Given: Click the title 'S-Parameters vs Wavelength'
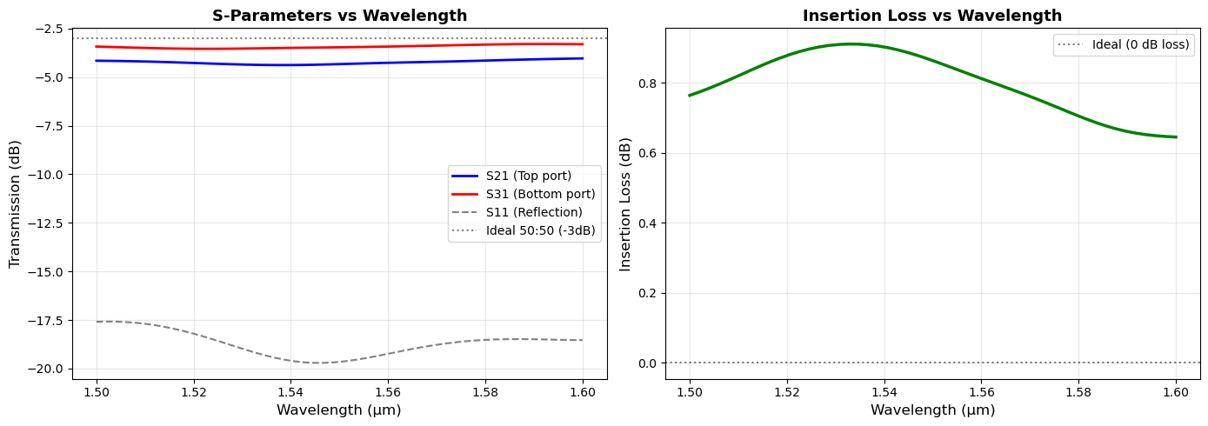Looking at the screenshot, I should point(339,16).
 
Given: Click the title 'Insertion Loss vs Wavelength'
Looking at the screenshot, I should point(932,16).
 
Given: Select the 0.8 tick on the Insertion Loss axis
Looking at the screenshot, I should point(649,83).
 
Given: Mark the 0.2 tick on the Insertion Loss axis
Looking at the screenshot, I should point(649,293).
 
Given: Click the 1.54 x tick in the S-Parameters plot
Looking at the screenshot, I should point(290,392).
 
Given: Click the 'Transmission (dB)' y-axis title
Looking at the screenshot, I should point(15,203).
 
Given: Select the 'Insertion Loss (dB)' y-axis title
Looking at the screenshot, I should point(625,203).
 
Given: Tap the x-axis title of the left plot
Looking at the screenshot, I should point(339,409).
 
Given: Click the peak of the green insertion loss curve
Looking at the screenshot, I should point(851,43).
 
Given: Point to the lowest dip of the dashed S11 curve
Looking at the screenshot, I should point(320,363).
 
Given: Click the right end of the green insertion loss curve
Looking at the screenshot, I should point(1176,136).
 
